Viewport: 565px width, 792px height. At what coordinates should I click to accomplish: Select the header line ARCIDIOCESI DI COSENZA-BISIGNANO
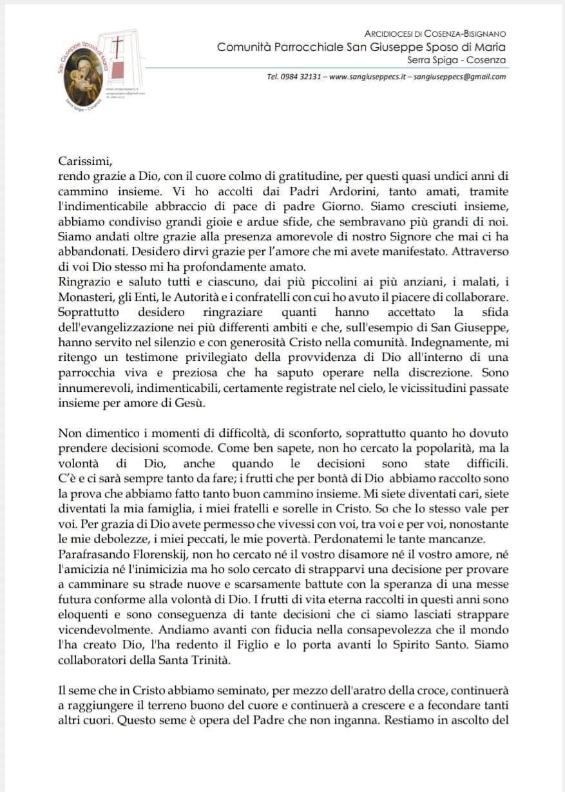click(435, 34)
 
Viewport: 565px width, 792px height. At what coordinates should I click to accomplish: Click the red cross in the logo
click(118, 46)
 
